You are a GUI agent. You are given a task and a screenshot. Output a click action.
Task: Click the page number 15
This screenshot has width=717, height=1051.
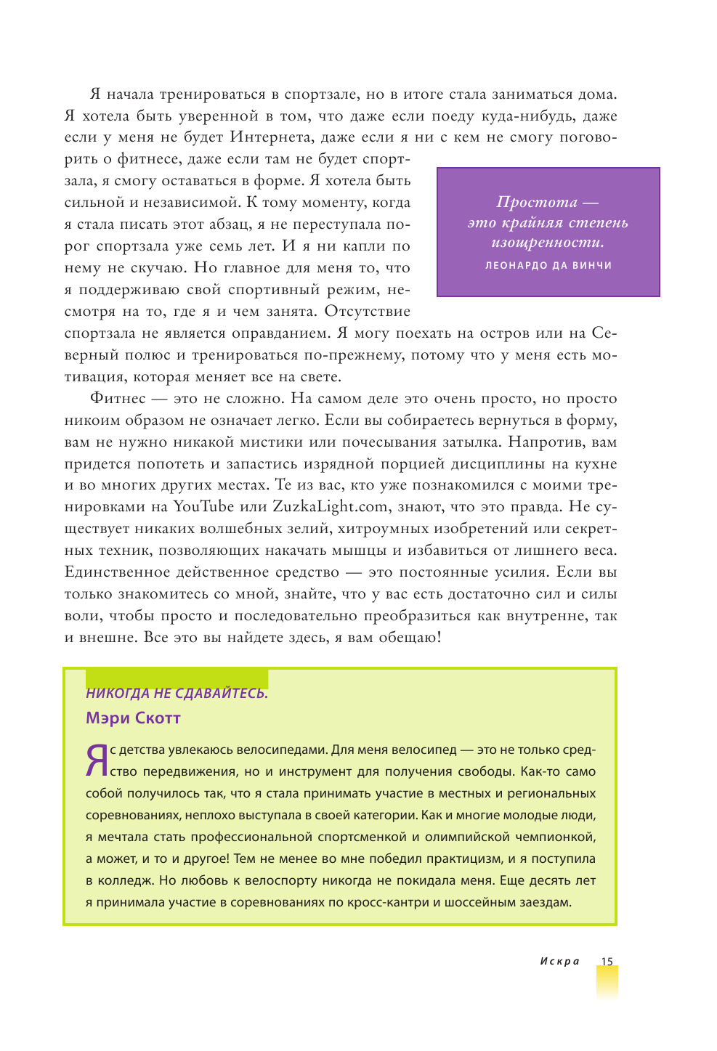pos(607,961)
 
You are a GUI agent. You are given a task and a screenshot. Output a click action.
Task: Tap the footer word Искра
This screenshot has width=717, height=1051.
pos(559,961)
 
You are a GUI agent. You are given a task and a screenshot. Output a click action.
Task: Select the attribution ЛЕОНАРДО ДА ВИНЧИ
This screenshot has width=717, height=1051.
pos(548,266)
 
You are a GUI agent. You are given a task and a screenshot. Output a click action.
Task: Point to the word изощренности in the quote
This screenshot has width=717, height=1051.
pos(547,243)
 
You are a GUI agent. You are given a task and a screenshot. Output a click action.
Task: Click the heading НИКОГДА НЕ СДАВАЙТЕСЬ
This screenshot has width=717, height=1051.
pos(177,694)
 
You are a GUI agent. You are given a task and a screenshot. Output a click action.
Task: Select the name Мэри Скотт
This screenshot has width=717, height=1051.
pos(133,718)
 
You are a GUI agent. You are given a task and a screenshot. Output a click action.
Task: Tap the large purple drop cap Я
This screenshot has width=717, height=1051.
pos(97,760)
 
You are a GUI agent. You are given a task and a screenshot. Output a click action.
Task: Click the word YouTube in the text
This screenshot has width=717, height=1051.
pos(203,507)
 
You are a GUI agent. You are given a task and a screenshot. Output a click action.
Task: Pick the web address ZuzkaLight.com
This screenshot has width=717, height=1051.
pos(330,507)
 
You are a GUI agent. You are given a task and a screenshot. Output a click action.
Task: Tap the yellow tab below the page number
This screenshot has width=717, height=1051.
pos(607,984)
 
